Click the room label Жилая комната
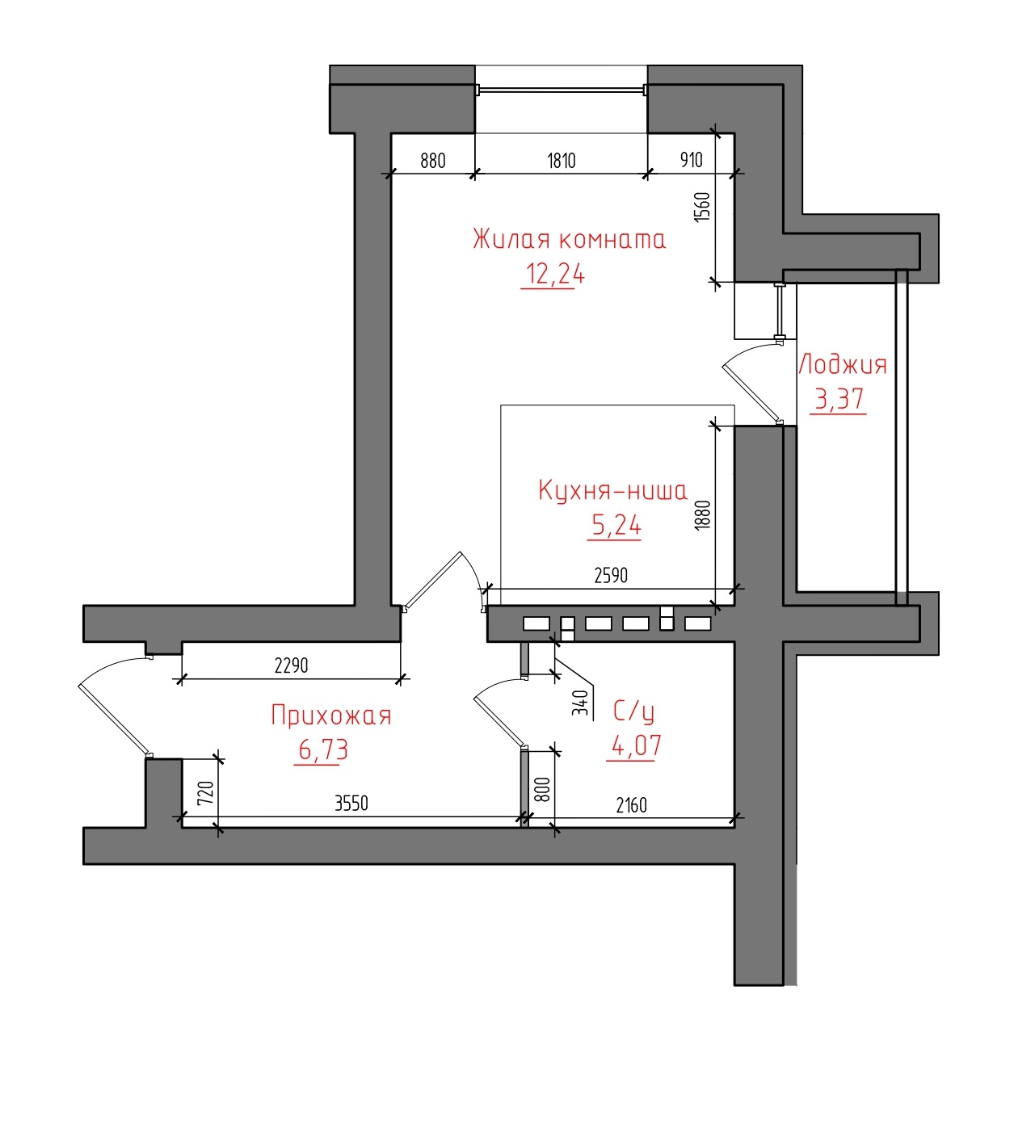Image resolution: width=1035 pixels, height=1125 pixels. pyautogui.click(x=569, y=240)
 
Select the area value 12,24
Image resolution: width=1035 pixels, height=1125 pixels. pyautogui.click(x=554, y=275)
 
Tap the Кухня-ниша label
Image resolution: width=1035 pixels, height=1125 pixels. pyautogui.click(x=612, y=491)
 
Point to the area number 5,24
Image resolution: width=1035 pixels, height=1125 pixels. pyautogui.click(x=616, y=526)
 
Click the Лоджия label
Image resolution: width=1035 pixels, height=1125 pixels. pyautogui.click(x=842, y=364)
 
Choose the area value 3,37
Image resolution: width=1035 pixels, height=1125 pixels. pyautogui.click(x=839, y=399)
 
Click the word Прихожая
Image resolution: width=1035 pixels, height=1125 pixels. pyautogui.click(x=331, y=716)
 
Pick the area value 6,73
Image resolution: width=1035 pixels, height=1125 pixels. pyautogui.click(x=322, y=749)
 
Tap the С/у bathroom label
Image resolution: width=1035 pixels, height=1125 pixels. pyautogui.click(x=633, y=712)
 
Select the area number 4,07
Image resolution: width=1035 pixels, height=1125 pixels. pyautogui.click(x=636, y=746)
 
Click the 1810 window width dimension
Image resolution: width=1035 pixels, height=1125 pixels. pyautogui.click(x=562, y=161)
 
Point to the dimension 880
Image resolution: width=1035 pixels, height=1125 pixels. pyautogui.click(x=433, y=161)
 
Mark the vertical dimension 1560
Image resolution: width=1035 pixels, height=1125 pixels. pyautogui.click(x=702, y=207)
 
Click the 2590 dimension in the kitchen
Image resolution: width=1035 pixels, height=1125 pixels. pyautogui.click(x=611, y=575)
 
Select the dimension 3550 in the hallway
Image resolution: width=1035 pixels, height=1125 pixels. pyautogui.click(x=351, y=804)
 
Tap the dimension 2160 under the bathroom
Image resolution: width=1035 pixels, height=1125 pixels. pyautogui.click(x=632, y=805)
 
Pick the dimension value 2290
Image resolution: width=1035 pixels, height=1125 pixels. pyautogui.click(x=292, y=665)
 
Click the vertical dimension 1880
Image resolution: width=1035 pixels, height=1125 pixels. pyautogui.click(x=702, y=514)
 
